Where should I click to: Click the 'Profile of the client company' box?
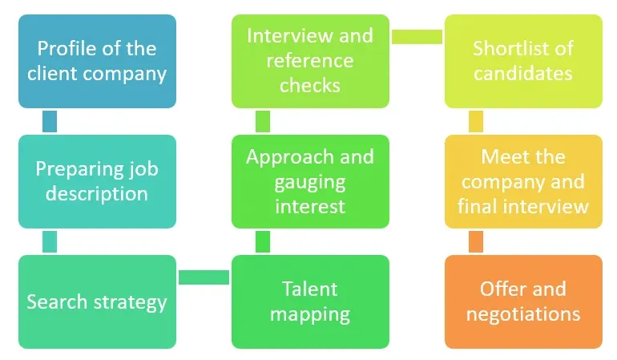click(x=97, y=61)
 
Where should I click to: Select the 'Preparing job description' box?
click(x=97, y=181)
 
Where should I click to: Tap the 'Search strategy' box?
click(x=97, y=301)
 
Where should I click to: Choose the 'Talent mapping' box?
click(x=310, y=301)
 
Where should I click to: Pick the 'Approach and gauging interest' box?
click(x=310, y=181)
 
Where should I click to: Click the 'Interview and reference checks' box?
click(x=310, y=61)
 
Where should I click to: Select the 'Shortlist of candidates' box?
click(x=523, y=61)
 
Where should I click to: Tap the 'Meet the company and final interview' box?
click(x=523, y=181)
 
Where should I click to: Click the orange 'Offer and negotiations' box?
click(x=523, y=301)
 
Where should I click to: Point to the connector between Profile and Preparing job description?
click(x=50, y=121)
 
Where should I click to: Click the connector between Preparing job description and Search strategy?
click(x=50, y=241)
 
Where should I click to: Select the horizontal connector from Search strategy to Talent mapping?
click(x=204, y=277)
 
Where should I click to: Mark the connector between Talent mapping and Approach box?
click(x=263, y=241)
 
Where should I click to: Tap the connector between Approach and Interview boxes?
click(x=263, y=121)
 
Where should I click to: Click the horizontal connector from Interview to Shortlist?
click(x=417, y=37)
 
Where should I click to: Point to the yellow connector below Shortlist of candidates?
click(x=476, y=121)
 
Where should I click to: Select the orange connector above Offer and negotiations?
click(x=476, y=241)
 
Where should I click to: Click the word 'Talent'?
click(x=310, y=289)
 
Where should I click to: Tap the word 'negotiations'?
click(x=523, y=313)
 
